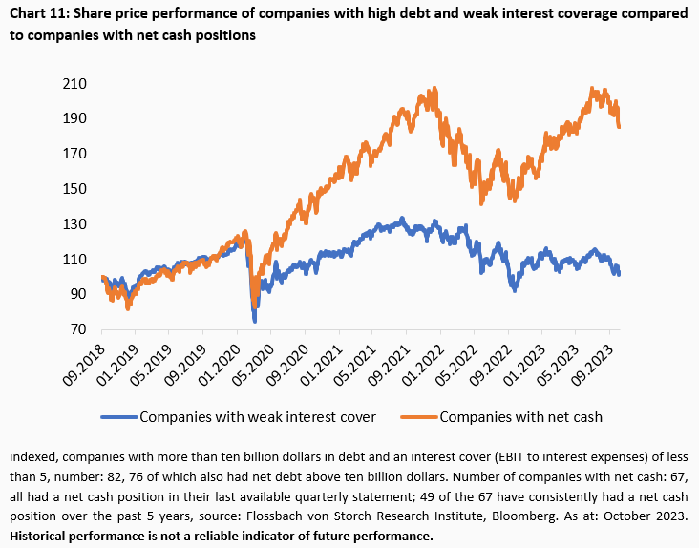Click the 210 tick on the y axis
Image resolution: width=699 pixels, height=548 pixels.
(x=74, y=84)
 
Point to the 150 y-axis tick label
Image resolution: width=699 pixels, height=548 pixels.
(x=74, y=189)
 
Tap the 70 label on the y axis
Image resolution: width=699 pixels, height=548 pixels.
(x=78, y=329)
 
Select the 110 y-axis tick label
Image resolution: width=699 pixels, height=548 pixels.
(x=74, y=260)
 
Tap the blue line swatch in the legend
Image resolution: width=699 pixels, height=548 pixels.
(x=118, y=417)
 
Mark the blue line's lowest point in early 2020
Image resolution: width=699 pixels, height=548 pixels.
(x=255, y=320)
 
